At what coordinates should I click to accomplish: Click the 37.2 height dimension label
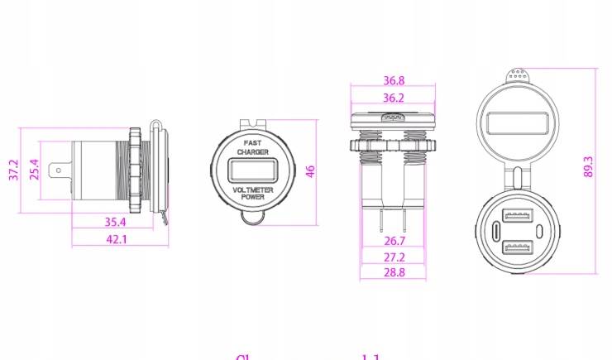[13, 170]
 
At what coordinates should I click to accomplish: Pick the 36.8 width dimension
[394, 81]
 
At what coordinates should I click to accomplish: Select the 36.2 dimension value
[394, 98]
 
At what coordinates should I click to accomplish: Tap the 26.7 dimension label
[394, 241]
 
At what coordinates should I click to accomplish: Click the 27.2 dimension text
[394, 257]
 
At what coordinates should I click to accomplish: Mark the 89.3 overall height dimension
[589, 166]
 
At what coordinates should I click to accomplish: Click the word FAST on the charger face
[251, 142]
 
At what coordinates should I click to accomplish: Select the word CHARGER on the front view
[251, 152]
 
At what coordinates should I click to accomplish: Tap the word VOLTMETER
[251, 190]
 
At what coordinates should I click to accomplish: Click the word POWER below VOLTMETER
[251, 198]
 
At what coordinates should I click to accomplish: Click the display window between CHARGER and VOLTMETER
[251, 171]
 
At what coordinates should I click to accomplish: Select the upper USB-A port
[517, 219]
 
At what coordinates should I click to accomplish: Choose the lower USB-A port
[517, 246]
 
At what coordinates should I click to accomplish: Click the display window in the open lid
[517, 124]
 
